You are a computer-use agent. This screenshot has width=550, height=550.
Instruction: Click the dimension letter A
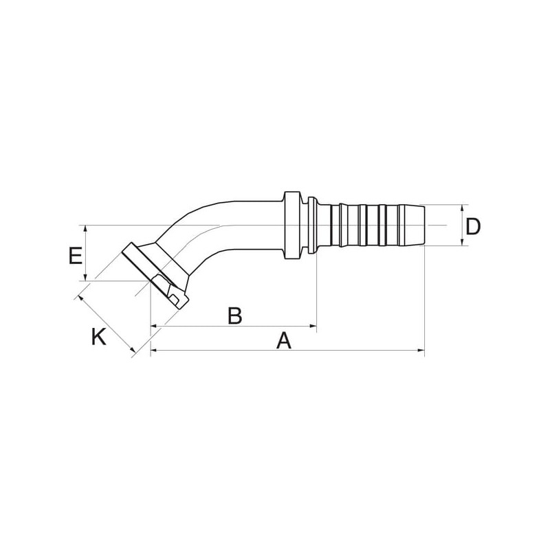click(284, 341)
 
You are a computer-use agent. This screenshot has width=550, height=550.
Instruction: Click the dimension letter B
click(234, 316)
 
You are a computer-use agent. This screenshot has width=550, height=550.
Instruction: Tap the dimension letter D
click(472, 226)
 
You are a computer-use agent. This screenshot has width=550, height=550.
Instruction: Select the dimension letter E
click(76, 256)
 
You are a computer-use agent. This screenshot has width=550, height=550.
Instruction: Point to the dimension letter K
click(98, 337)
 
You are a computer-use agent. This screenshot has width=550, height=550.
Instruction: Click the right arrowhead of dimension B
click(313, 326)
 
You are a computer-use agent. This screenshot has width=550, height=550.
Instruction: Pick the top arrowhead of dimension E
click(85, 230)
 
